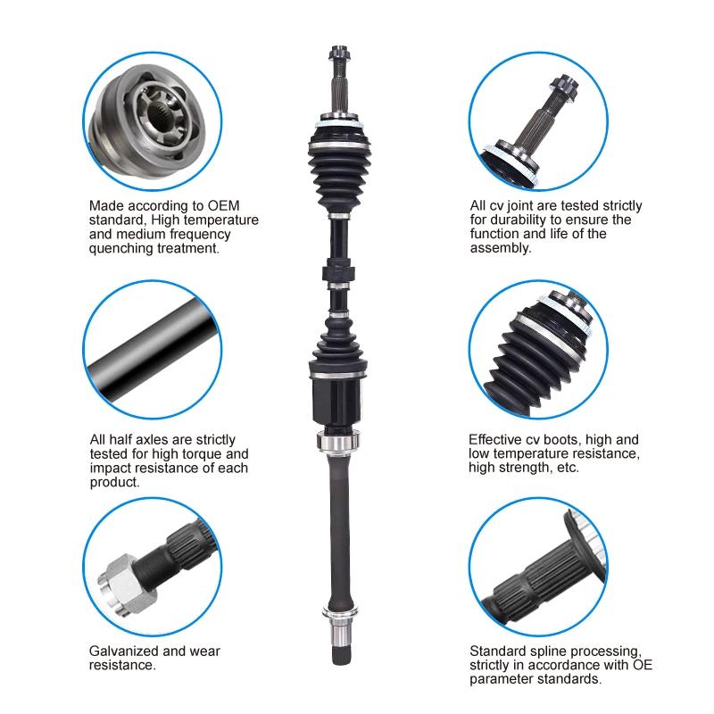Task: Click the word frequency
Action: (201, 234)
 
